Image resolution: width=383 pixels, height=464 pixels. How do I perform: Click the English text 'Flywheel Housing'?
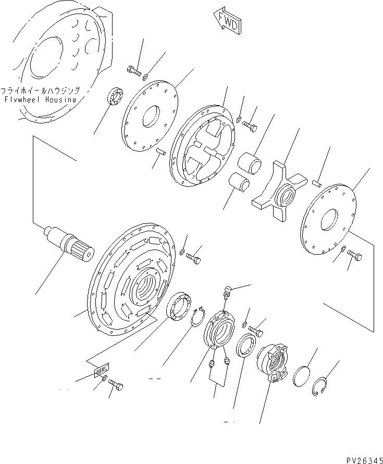click(x=40, y=99)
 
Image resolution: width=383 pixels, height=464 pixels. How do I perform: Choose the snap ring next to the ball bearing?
click(x=196, y=317)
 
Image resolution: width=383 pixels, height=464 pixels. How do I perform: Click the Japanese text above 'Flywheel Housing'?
click(x=40, y=90)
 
